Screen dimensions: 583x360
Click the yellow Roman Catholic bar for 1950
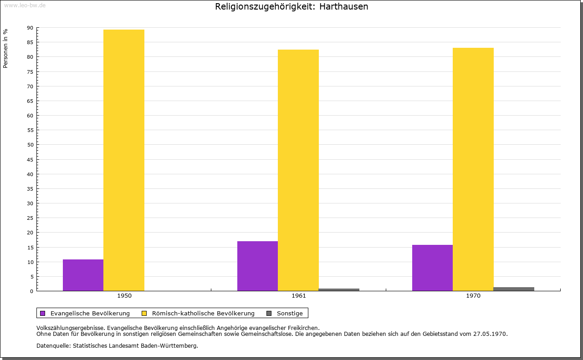coord(124,160)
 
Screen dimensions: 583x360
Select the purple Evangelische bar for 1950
coord(83,275)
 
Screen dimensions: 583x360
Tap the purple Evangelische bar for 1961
coord(258,266)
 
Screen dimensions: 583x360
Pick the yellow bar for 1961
coord(298,170)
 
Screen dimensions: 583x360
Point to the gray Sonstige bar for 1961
coord(339,290)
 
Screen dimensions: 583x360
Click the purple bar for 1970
coord(433,268)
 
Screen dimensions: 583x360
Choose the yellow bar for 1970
coord(473,169)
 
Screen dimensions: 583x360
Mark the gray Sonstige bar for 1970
coord(514,289)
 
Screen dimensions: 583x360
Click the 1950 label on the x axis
coord(124,296)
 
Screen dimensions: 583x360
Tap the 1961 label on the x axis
coord(299,296)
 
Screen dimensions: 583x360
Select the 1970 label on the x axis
coord(473,296)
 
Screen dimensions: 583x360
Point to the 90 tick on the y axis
coord(30,28)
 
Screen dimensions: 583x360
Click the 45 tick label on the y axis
coord(30,160)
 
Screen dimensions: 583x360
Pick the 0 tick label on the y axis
coord(32,291)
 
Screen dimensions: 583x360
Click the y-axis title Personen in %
coord(5,49)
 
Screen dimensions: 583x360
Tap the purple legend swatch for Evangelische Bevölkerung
coord(43,314)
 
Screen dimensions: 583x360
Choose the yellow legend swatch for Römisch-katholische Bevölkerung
coord(144,314)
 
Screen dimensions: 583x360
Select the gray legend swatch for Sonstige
coord(269,314)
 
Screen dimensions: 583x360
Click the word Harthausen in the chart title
coord(344,6)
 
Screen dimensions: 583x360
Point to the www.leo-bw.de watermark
coord(25,5)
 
